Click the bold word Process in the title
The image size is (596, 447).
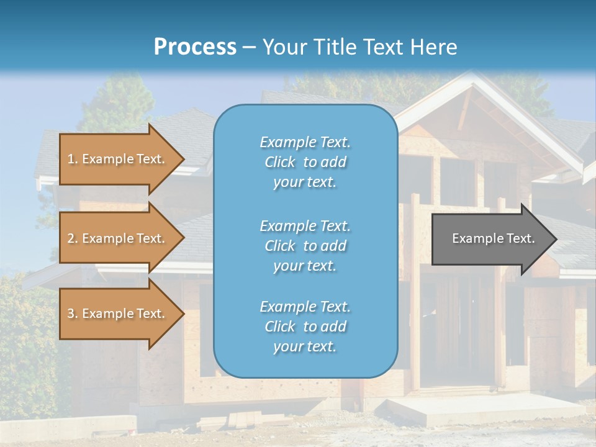[195, 47]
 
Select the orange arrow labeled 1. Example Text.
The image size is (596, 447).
[117, 159]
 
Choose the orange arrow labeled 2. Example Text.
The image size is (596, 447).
[117, 238]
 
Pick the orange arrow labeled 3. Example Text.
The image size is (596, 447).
[117, 314]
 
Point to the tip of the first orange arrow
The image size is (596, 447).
[183, 159]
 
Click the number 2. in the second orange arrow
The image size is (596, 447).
[72, 238]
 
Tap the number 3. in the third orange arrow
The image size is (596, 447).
[72, 314]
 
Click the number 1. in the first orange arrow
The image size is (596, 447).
[72, 159]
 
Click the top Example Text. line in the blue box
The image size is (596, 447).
[305, 142]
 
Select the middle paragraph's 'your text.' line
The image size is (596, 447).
[305, 266]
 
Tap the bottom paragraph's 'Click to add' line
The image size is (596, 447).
[305, 327]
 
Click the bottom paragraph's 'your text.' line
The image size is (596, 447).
[305, 347]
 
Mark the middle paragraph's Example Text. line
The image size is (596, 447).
[305, 225]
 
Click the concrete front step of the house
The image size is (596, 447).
[484, 410]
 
